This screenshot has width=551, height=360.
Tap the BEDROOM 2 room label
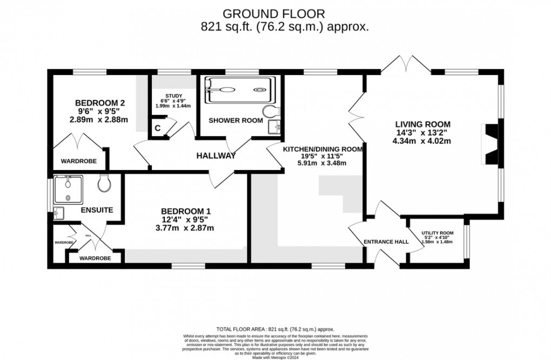click(x=100, y=103)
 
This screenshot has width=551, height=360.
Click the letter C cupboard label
click(x=158, y=128)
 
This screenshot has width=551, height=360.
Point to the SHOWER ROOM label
click(x=236, y=120)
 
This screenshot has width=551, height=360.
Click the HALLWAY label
click(x=216, y=156)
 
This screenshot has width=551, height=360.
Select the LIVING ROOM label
click(x=421, y=123)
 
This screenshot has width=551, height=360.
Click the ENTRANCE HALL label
click(x=386, y=242)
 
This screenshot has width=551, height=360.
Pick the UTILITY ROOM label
click(x=438, y=233)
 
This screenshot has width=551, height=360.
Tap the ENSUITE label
click(x=97, y=209)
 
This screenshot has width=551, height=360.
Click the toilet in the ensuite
click(x=105, y=184)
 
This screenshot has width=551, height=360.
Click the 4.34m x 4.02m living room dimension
click(x=421, y=141)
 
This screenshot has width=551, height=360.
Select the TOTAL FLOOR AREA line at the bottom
click(x=275, y=329)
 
